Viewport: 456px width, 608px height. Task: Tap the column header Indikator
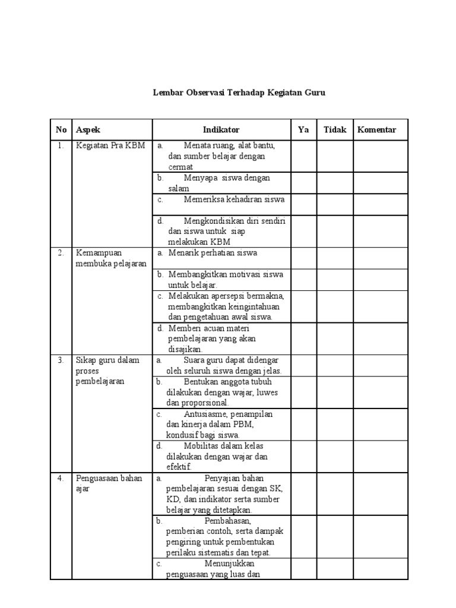221,129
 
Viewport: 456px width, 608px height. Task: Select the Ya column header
303,129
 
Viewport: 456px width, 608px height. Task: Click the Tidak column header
334,129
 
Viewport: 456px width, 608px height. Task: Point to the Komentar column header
376,129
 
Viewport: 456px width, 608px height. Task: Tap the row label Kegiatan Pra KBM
110,145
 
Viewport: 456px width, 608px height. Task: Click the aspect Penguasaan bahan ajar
109,483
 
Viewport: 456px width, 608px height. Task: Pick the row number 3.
61,360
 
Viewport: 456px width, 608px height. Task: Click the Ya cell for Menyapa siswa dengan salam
303,182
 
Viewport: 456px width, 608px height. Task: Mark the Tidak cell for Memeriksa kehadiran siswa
334,204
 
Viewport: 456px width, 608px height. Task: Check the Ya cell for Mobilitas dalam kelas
303,456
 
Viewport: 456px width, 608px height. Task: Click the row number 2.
61,253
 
